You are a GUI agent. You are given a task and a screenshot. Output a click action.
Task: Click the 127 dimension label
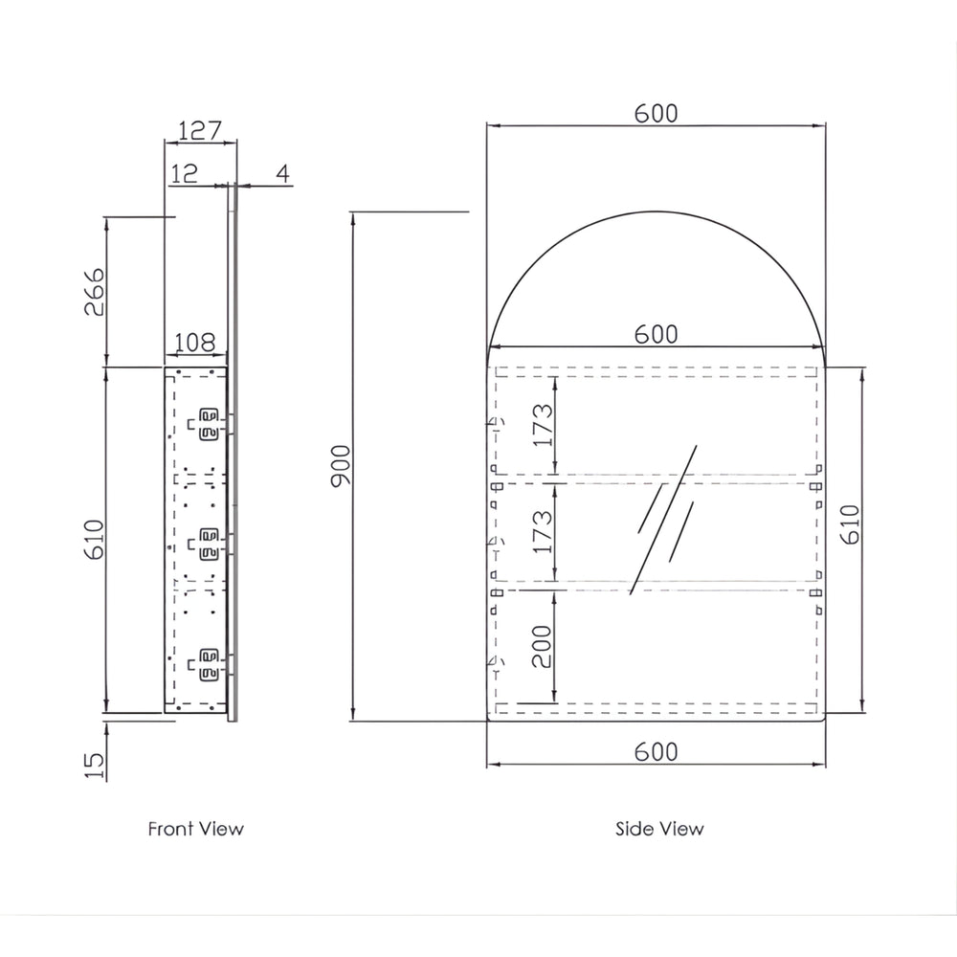click(x=200, y=130)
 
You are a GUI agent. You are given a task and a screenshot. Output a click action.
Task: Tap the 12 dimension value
click(x=184, y=174)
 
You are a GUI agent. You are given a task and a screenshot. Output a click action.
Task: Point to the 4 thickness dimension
click(x=282, y=174)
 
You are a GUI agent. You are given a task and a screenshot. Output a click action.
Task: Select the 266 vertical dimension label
click(x=95, y=292)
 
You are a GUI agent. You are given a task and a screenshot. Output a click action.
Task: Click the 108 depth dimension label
click(x=195, y=343)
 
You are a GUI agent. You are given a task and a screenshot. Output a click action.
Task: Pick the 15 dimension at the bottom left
click(x=95, y=766)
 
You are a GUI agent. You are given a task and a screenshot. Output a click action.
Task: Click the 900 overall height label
click(x=341, y=466)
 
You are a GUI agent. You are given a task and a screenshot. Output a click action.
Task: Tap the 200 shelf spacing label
click(x=542, y=646)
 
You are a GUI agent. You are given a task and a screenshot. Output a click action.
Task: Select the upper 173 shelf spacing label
click(x=543, y=425)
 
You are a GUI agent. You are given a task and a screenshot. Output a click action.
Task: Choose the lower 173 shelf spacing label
click(x=543, y=531)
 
